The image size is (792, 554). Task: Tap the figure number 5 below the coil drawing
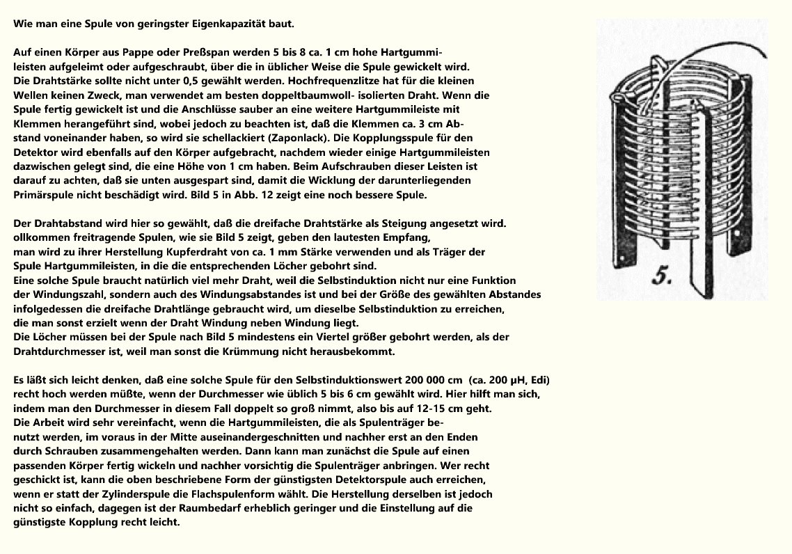(x=660, y=278)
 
